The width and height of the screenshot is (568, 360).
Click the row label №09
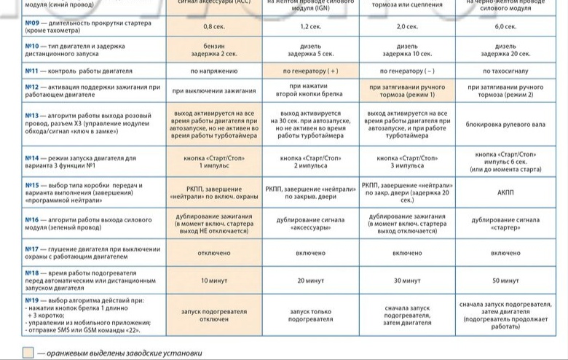(32, 23)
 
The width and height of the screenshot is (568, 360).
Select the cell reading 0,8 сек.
(213, 26)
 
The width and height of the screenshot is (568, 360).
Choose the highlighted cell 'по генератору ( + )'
(309, 71)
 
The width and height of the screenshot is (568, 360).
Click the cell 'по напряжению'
(213, 71)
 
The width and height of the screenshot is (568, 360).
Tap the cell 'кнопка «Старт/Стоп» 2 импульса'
(309, 161)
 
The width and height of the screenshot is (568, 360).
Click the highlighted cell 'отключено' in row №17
(213, 253)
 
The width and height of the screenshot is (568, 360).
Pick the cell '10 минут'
(213, 281)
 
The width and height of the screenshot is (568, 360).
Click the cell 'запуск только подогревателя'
(309, 315)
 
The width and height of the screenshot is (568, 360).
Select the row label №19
(32, 300)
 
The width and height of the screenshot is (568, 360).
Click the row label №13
(32, 115)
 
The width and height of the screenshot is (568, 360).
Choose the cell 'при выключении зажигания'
(213, 92)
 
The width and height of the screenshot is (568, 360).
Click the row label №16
(32, 219)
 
